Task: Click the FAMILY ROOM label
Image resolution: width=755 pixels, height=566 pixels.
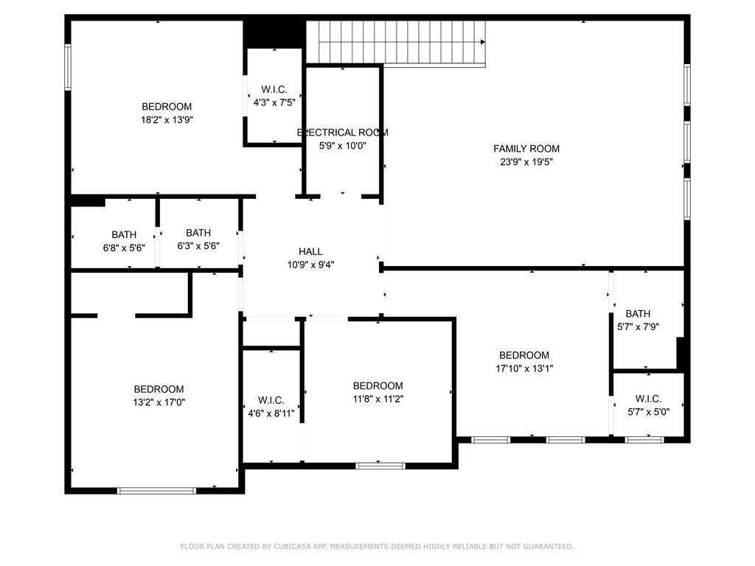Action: tap(526, 149)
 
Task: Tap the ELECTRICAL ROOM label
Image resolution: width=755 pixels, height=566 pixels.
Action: tap(342, 133)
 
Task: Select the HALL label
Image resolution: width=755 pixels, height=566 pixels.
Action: tap(310, 251)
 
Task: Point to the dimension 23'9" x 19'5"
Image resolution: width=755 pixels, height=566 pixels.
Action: tap(526, 162)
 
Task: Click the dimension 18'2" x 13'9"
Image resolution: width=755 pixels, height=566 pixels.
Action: tap(167, 119)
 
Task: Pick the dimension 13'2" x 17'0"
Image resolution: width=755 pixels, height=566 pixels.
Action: tap(159, 402)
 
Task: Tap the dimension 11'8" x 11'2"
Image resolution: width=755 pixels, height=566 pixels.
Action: tap(377, 399)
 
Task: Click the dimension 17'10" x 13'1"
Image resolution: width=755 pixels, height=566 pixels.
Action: tap(523, 368)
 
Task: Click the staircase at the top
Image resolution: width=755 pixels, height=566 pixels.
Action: tap(397, 43)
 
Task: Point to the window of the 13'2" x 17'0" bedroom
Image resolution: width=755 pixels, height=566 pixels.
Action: tap(156, 490)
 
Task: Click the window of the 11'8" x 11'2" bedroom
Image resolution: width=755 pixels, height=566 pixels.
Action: tap(380, 466)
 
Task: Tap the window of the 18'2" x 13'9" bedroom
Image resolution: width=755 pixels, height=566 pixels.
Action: tap(68, 67)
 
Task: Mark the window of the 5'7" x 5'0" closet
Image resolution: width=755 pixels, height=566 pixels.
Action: tap(644, 440)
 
